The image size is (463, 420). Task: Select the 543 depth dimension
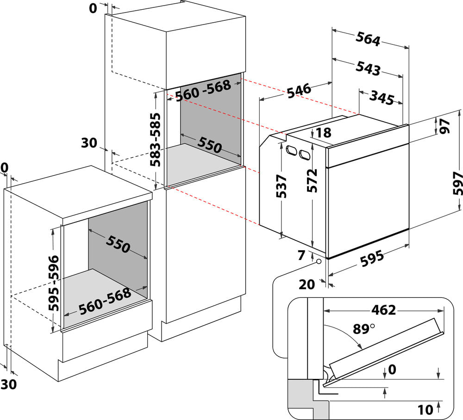click(x=368, y=68)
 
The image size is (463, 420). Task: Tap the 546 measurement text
click(x=299, y=89)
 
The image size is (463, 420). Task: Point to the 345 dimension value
click(x=382, y=98)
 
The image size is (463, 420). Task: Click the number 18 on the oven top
click(x=324, y=133)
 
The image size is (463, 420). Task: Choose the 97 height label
click(x=445, y=126)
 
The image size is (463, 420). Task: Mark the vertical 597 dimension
click(x=457, y=184)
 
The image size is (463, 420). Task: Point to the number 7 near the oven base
click(x=302, y=254)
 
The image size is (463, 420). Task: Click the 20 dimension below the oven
click(x=307, y=284)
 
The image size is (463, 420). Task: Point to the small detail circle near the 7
click(x=319, y=262)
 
